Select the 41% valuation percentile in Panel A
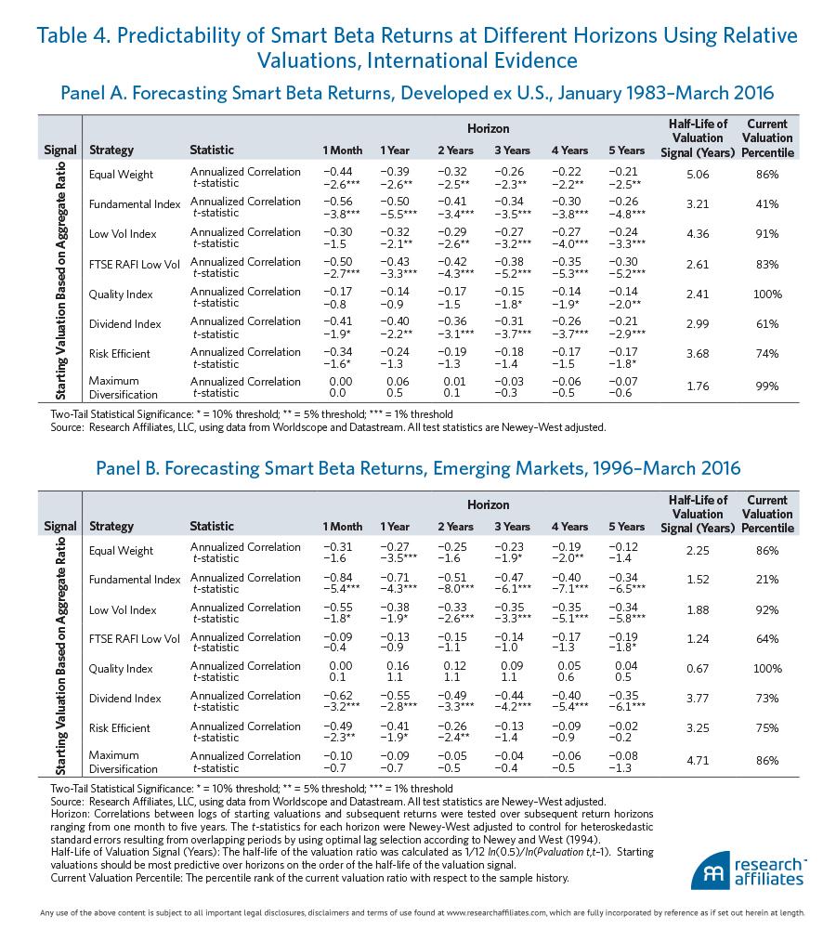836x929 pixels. pos(767,203)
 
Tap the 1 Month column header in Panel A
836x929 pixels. pos(343,150)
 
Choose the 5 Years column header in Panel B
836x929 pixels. pos(627,527)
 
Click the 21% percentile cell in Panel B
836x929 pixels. pos(767,579)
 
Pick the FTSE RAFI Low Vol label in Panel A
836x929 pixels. pos(134,264)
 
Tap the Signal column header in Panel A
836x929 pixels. pos(60,150)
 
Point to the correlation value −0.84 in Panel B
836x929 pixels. pos(342,578)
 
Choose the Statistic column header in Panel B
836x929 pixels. pos(212,527)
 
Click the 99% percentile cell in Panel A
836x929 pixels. pos(767,386)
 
